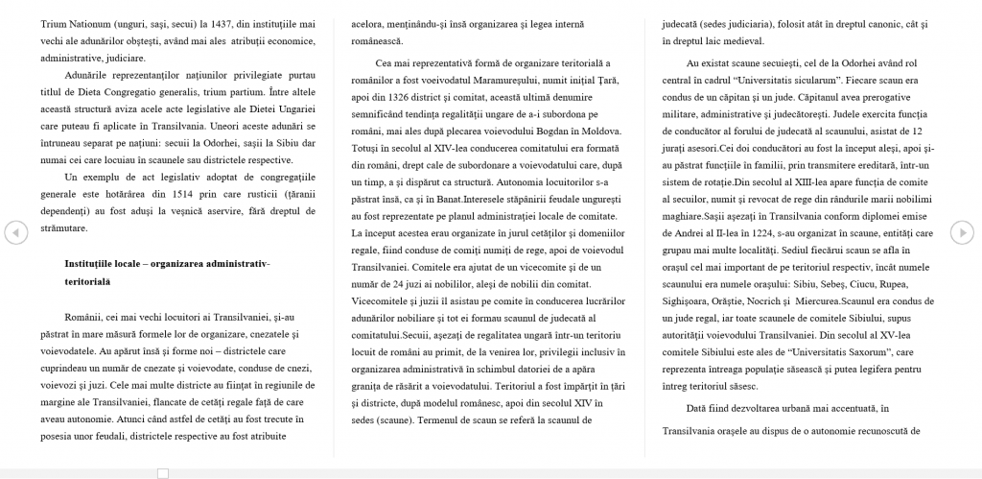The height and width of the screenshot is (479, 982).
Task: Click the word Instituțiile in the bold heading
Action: pos(97,263)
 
